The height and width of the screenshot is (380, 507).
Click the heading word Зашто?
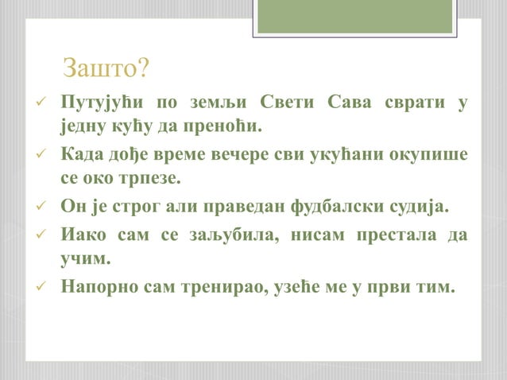[x=105, y=68]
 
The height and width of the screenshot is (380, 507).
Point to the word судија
[x=420, y=207]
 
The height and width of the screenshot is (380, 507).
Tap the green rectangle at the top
[x=354, y=16]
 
